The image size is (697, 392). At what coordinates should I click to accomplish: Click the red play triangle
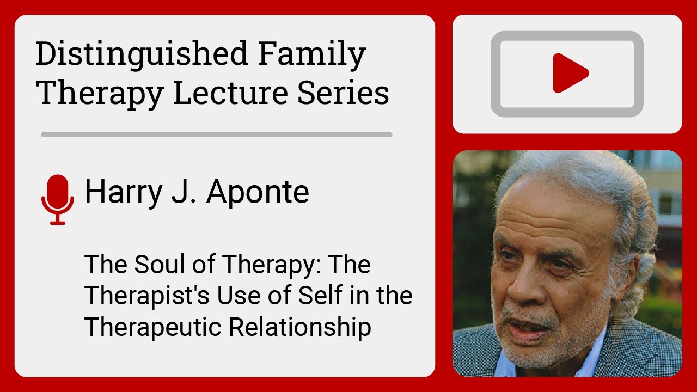pyautogui.click(x=569, y=73)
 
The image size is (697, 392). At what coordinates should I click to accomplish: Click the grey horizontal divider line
pyautogui.click(x=216, y=134)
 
